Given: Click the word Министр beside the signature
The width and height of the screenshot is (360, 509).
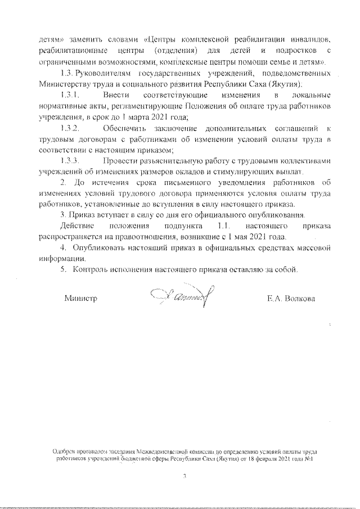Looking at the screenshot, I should tap(81, 298).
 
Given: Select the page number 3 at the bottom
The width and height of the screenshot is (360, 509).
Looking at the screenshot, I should tap(184, 476).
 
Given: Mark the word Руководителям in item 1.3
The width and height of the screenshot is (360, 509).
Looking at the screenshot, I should tap(105, 74).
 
